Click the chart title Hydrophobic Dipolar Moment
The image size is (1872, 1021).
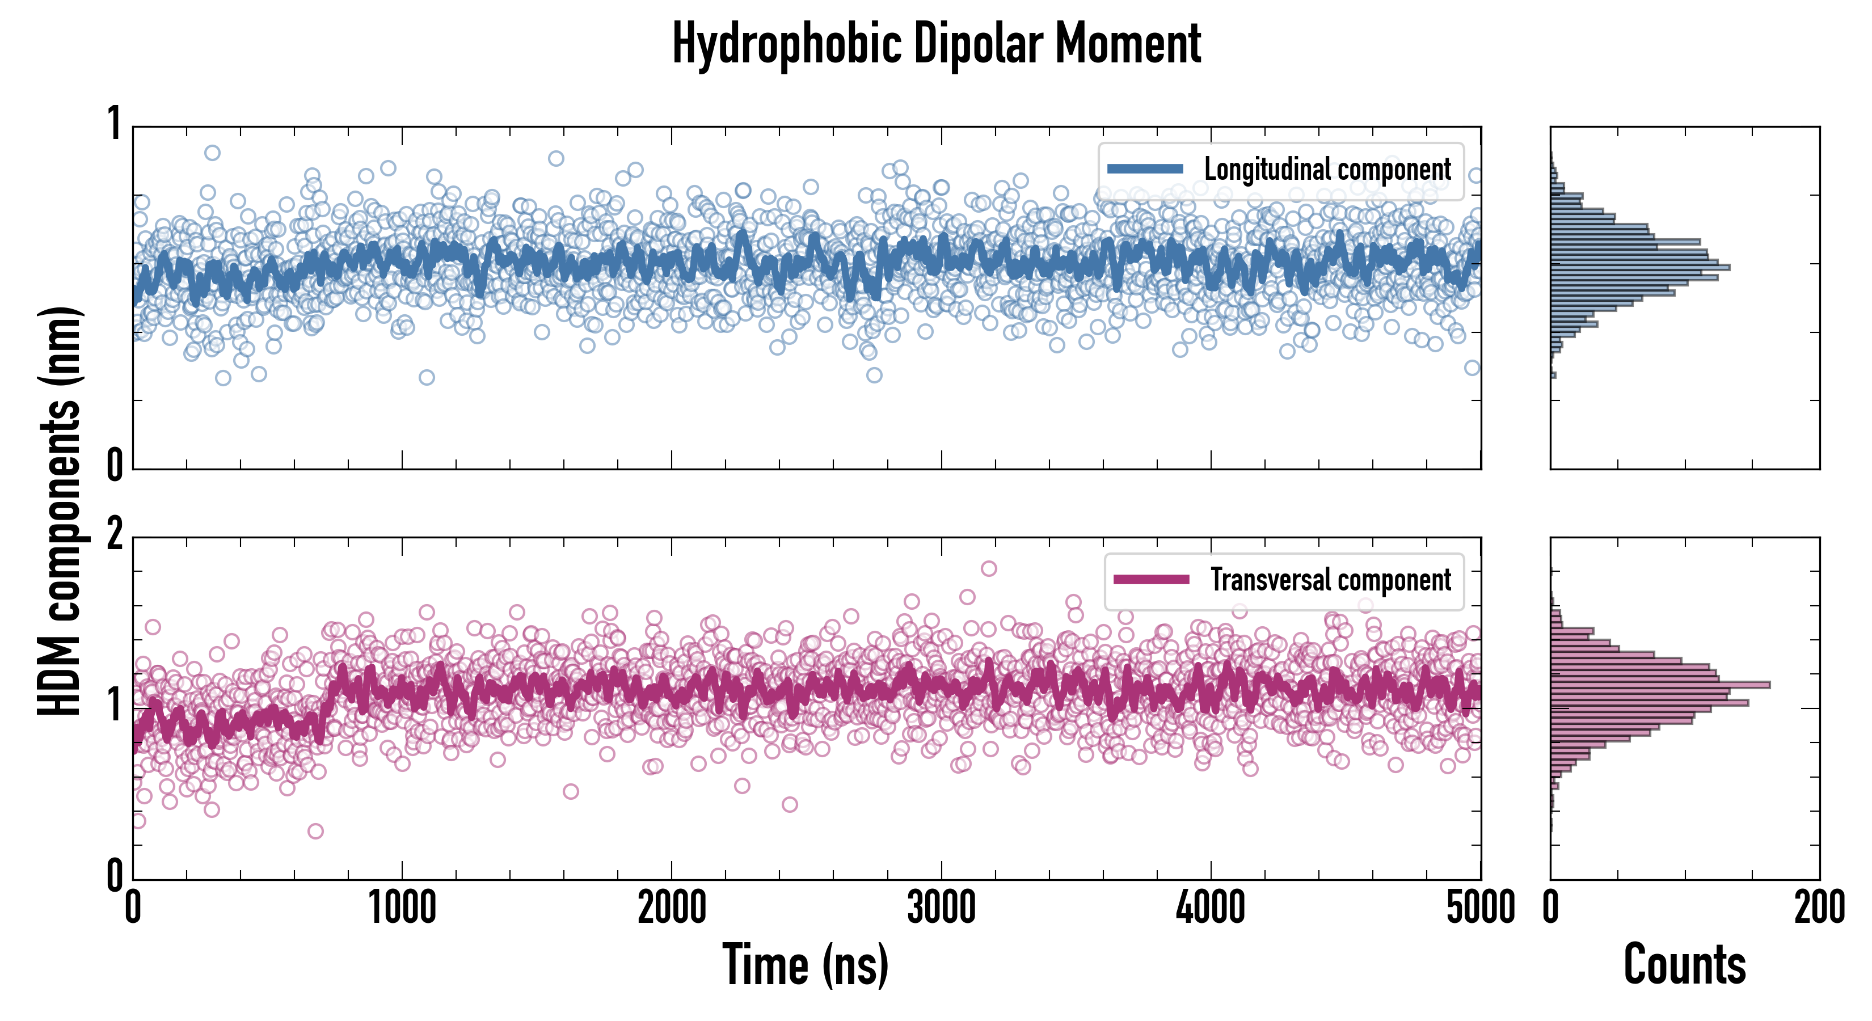pyautogui.click(x=936, y=44)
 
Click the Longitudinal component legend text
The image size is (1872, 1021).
pyautogui.click(x=1327, y=170)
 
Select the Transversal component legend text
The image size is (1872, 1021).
pyautogui.click(x=1330, y=580)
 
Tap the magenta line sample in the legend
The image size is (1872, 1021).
pyautogui.click(x=1150, y=580)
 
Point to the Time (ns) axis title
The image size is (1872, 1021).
pyautogui.click(x=805, y=965)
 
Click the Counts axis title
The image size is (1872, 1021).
pyautogui.click(x=1684, y=965)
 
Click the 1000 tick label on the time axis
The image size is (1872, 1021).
pyautogui.click(x=402, y=908)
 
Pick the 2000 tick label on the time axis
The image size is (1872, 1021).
pyautogui.click(x=672, y=908)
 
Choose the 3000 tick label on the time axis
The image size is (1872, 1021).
pyautogui.click(x=941, y=908)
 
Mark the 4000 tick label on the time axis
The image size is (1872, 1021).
pyautogui.click(x=1211, y=908)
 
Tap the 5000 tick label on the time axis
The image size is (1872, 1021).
pyautogui.click(x=1481, y=908)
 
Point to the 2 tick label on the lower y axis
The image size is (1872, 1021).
pyautogui.click(x=114, y=536)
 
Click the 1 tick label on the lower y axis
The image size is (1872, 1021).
pyautogui.click(x=114, y=705)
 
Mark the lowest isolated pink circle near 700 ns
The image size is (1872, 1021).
pyautogui.click(x=315, y=830)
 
